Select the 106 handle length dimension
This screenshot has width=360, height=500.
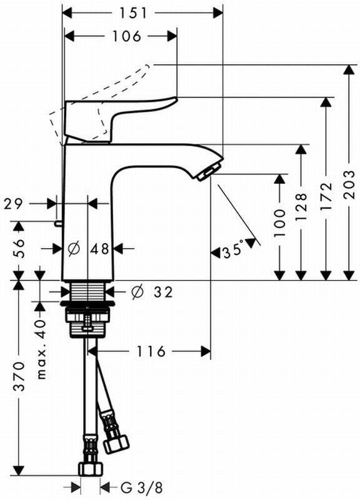click(126, 36)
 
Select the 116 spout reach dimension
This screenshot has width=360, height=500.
click(151, 351)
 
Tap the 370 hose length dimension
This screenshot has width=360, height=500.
click(19, 376)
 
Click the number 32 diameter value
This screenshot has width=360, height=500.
click(162, 291)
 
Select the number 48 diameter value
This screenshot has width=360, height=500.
click(99, 249)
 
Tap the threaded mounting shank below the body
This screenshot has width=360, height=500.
click(87, 292)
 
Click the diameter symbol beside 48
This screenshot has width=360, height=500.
click(74, 249)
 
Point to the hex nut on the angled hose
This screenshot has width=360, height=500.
click(116, 442)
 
